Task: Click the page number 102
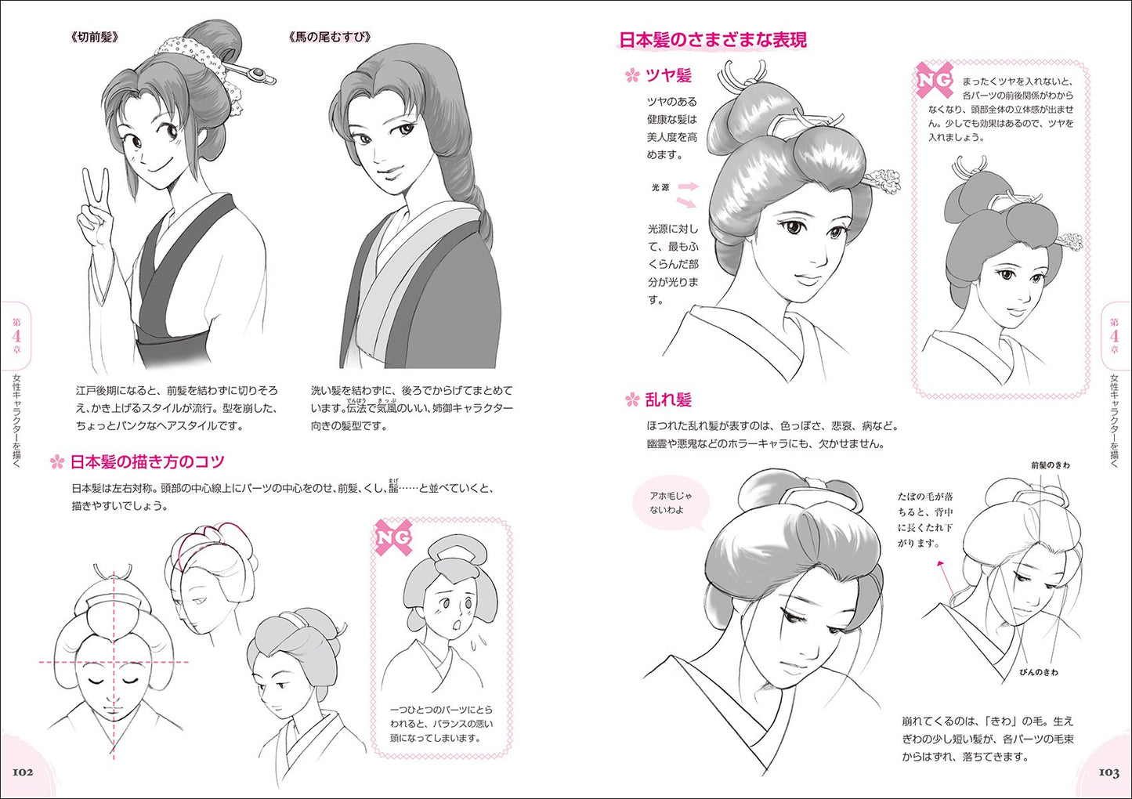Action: pos(23,772)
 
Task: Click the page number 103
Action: pos(1108,772)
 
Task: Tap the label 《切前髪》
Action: pos(95,38)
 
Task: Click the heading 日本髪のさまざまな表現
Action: pos(713,39)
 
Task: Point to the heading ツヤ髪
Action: pos(668,76)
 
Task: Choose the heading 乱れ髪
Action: pos(668,400)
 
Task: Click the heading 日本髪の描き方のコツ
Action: pos(147,461)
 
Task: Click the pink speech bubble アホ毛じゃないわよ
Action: pos(671,504)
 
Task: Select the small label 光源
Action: pos(660,187)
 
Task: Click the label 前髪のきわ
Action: pos(1051,465)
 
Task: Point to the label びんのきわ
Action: pos(1038,672)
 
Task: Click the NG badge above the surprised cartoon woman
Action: pos(392,537)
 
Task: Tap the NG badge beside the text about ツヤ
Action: pos(935,81)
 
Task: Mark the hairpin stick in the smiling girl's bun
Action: pos(249,74)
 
